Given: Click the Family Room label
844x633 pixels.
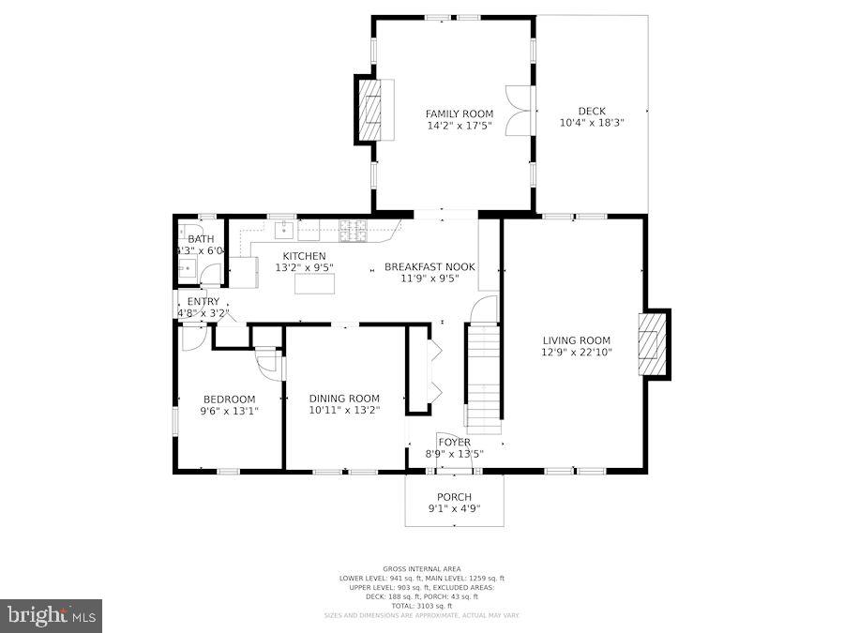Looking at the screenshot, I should pos(459,113).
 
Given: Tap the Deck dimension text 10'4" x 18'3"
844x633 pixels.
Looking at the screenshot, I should pos(591,123).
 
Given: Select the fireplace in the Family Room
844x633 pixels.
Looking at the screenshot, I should pos(372,110).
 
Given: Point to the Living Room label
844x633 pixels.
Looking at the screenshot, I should pos(576,340).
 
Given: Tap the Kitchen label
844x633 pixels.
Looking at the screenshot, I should pos(304,256).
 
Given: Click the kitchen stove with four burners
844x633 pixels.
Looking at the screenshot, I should pos(353,229).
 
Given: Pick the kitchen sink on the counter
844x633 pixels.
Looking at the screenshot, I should pos(285,230).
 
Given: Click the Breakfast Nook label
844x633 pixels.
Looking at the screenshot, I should pos(430,266).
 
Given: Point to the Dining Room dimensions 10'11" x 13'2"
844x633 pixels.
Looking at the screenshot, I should pos(344,410).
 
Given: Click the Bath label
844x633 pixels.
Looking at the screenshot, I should pos(201,239).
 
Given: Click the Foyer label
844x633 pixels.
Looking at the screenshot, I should pos(454,442).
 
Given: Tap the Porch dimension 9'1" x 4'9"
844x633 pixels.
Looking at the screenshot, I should pos(454,509).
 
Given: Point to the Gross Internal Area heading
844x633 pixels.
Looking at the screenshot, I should pos(421,569).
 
